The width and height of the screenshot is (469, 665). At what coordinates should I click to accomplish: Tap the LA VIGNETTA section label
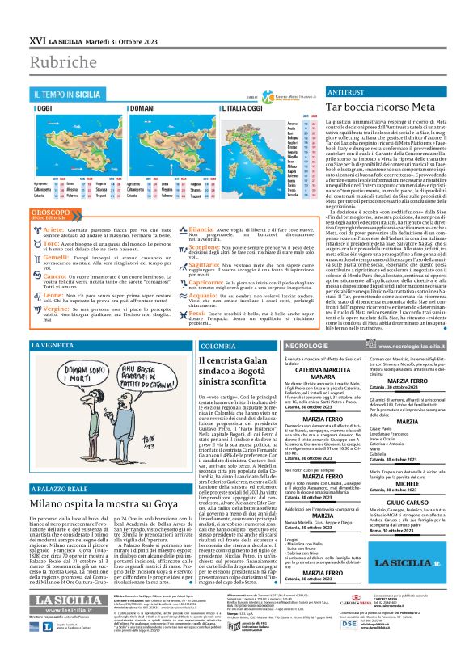[x=53, y=346]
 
